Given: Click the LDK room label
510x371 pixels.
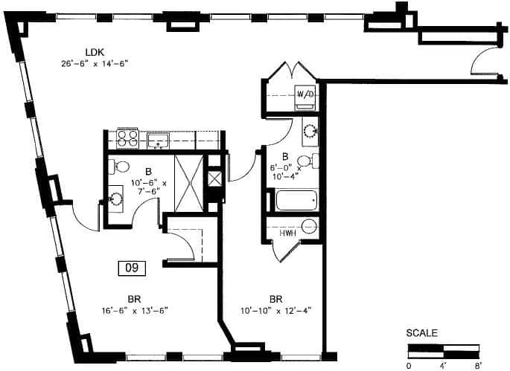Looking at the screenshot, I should (95, 51).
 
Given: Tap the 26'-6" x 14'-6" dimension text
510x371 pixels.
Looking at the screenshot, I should (95, 64).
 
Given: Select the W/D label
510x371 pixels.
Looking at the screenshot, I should (305, 94).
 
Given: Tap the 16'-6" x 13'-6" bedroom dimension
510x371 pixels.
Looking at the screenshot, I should (134, 311).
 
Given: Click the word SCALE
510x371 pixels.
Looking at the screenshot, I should (422, 333).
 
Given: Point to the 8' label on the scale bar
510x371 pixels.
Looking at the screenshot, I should (478, 365).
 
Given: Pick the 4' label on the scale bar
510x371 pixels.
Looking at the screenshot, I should (444, 365).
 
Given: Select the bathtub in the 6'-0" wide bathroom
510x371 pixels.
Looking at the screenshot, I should (296, 201).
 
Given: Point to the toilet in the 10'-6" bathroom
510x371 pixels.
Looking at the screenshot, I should (121, 166).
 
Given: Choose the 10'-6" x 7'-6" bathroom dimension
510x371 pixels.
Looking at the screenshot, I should (150, 183).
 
